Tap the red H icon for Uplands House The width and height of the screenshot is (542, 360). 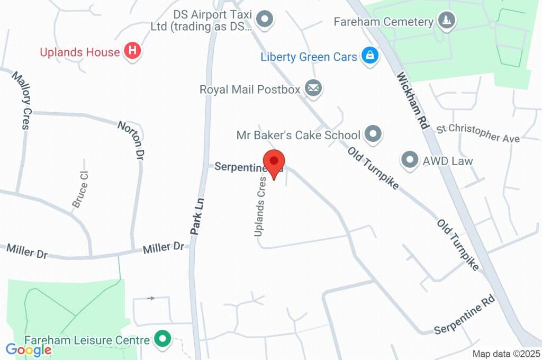(132, 51)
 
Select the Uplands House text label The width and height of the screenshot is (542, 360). (80, 52)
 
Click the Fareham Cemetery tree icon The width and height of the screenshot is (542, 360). (448, 21)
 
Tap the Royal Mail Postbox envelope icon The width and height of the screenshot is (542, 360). (313, 89)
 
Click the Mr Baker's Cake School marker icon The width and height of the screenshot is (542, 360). (374, 134)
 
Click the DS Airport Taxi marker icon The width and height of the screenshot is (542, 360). (264, 20)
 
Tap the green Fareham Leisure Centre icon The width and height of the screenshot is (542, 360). (162, 339)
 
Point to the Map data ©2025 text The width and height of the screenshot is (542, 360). (506, 354)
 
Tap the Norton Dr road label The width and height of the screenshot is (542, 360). (131, 140)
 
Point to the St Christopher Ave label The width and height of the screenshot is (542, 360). (478, 133)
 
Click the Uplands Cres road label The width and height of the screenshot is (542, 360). (260, 206)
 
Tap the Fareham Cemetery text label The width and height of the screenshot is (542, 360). (384, 22)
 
